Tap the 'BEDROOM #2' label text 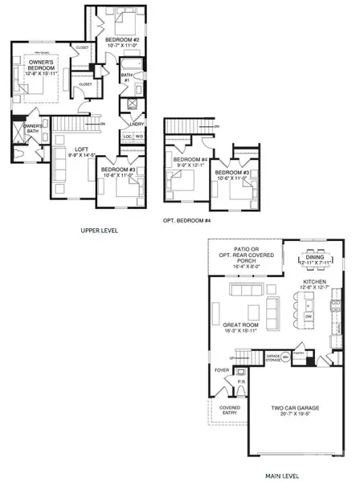(x=122, y=39)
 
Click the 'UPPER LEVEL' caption (x=99, y=231)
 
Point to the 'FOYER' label (x=222, y=371)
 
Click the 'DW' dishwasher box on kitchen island (x=309, y=318)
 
